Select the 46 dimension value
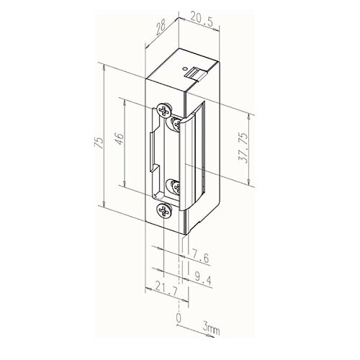point(120,138)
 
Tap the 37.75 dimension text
point(244,148)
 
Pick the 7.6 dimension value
point(200,257)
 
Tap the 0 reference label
point(179,318)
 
